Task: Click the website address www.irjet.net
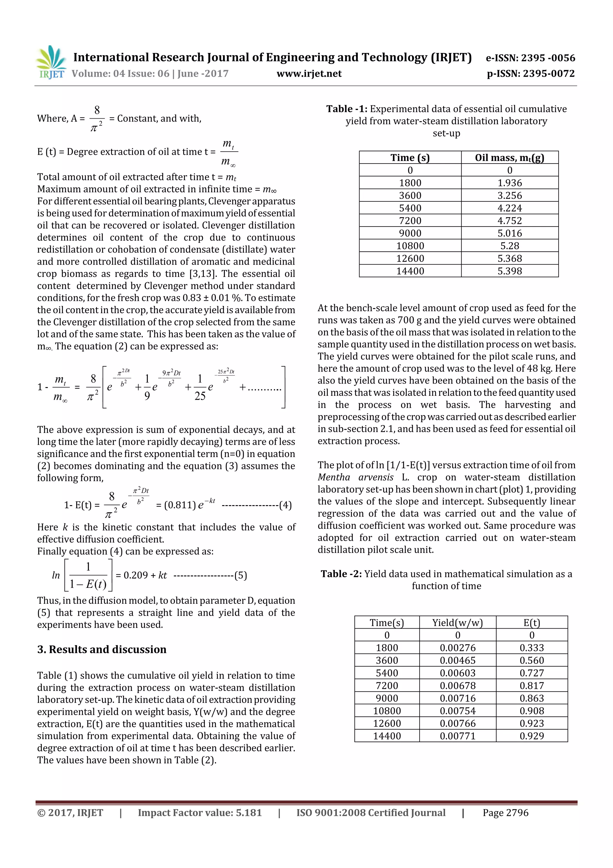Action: tap(309, 73)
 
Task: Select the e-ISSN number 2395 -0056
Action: tap(548, 58)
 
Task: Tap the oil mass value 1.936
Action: tap(509, 183)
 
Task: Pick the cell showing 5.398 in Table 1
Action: tap(509, 271)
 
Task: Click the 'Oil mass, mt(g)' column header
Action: tap(509, 158)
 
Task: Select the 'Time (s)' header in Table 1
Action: tap(410, 158)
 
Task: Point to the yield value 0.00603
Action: tap(457, 673)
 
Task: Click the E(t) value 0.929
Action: tap(531, 736)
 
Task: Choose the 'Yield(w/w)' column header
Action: tap(457, 623)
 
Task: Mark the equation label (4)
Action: tap(285, 505)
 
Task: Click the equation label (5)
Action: tap(241, 575)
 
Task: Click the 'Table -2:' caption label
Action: tap(341, 574)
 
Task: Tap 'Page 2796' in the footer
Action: tap(505, 813)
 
